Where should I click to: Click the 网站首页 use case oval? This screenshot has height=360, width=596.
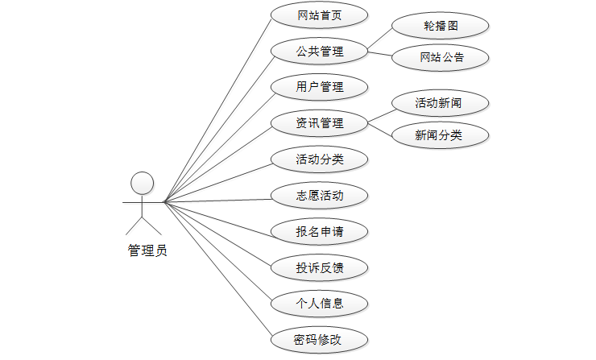[320, 15]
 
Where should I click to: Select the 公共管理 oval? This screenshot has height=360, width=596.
[320, 52]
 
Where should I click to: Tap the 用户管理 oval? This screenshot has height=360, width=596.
[320, 87]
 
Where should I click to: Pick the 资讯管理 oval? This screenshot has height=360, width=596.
[320, 123]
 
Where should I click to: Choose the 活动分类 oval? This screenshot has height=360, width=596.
[320, 159]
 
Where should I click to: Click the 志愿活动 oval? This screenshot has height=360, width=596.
[320, 196]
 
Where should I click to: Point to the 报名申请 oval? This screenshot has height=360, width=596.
[320, 232]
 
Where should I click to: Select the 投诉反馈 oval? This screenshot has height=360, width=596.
[320, 267]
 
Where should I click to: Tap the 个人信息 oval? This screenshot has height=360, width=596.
[320, 304]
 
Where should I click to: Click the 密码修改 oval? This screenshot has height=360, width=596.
[320, 340]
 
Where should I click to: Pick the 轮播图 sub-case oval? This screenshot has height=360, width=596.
[441, 26]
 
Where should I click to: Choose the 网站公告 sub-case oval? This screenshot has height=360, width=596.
[441, 57]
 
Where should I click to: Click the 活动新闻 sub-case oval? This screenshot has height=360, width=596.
[441, 103]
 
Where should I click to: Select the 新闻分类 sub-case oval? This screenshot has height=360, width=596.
[441, 135]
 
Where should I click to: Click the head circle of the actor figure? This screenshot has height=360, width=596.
[143, 183]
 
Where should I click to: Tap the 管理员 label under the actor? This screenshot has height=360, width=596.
[147, 250]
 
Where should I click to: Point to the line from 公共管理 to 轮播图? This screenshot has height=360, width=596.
[380, 41]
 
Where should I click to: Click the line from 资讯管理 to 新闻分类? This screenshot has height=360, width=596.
[380, 129]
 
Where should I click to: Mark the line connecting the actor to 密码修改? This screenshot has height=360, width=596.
[217, 271]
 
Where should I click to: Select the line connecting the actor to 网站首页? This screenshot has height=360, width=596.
[217, 109]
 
